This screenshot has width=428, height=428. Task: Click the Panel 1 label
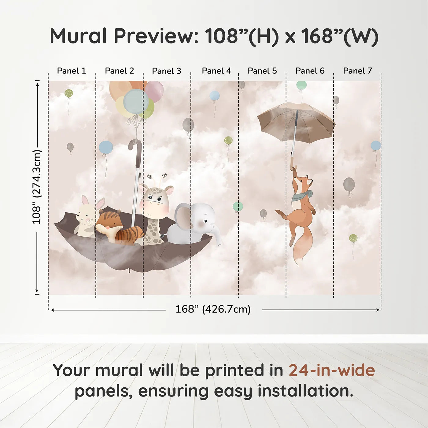pyautogui.click(x=71, y=71)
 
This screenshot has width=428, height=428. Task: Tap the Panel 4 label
pyautogui.click(x=216, y=71)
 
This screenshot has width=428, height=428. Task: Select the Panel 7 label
pyautogui.click(x=357, y=71)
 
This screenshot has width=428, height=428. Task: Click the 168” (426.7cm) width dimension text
pyautogui.click(x=213, y=309)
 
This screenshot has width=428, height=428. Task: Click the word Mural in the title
pyautogui.click(x=78, y=36)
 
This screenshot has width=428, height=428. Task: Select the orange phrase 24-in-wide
pyautogui.click(x=332, y=370)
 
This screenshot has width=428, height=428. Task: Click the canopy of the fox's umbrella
pyautogui.click(x=296, y=121)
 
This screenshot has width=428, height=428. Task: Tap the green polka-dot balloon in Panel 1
pyautogui.click(x=68, y=93)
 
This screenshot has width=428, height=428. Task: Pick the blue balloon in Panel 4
pyautogui.click(x=214, y=96)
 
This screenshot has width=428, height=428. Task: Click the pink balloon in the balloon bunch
pyautogui.click(x=154, y=91)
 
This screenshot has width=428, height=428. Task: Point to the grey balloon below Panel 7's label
pyautogui.click(x=336, y=100)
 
